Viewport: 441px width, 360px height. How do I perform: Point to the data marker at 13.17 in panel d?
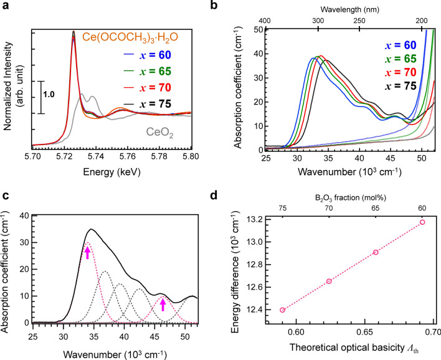pos(422,222)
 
